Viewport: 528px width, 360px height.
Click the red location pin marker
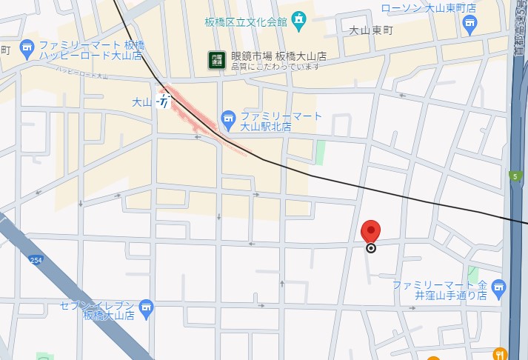370,231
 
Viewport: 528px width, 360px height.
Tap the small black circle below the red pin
371,248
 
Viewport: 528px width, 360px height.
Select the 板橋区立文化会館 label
246,21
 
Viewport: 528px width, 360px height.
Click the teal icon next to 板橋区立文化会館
298,20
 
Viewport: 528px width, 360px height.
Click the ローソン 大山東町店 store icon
469,24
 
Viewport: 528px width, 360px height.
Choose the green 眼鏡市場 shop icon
216,59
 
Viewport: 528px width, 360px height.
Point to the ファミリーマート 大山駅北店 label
281,121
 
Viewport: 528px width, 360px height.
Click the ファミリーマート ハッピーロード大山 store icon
27,49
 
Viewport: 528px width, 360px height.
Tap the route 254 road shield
36,260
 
